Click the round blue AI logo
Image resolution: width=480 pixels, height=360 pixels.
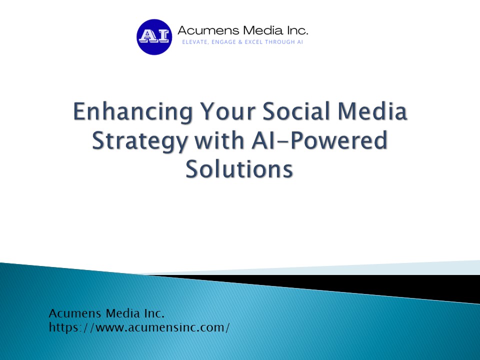[154, 36]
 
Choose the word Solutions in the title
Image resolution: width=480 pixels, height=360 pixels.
[239, 169]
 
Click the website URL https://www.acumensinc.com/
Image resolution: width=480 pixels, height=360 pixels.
[139, 328]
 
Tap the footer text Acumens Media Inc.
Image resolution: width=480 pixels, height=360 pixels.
[106, 314]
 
